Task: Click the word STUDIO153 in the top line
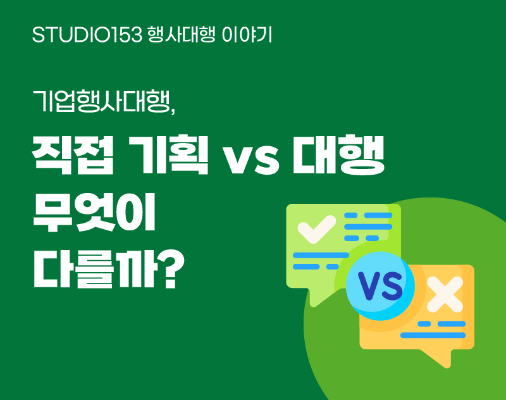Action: pyautogui.click(x=87, y=35)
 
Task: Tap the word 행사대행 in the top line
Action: pyautogui.click(x=181, y=35)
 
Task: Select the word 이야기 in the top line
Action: pyautogui.click(x=247, y=35)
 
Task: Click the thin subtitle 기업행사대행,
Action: pyautogui.click(x=104, y=101)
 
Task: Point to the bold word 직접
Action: pyautogui.click(x=73, y=155)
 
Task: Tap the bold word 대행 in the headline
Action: pyautogui.click(x=338, y=155)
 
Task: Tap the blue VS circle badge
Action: pyautogui.click(x=380, y=286)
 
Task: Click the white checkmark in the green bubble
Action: pyautogui.click(x=317, y=228)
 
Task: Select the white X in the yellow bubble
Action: pyautogui.click(x=445, y=294)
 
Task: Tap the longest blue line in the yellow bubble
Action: pyautogui.click(x=433, y=335)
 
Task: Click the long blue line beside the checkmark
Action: pyautogui.click(x=368, y=227)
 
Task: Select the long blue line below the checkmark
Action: pyautogui.click(x=321, y=255)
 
